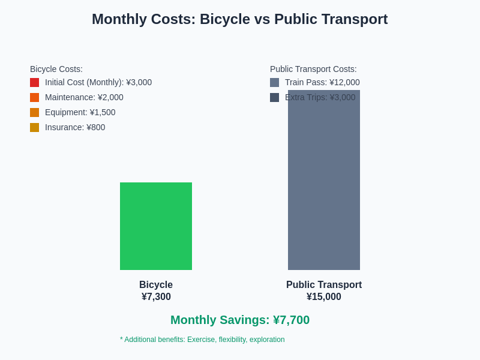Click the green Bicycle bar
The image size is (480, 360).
156,226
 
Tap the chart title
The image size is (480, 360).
239,19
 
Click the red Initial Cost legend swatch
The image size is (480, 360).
34,82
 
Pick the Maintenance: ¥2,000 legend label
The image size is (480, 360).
84,97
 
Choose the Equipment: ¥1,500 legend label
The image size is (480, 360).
80,112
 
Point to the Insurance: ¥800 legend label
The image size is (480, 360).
75,127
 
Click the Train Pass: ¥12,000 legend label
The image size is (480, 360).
322,82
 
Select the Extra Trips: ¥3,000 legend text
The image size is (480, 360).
320,97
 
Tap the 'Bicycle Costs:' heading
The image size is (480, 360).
56,69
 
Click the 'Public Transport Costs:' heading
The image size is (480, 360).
313,69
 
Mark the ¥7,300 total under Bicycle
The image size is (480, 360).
156,296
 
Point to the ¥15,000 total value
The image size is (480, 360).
324,296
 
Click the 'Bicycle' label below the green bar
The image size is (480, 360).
156,285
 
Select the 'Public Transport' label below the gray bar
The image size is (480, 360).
324,285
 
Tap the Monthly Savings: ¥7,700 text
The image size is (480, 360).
240,320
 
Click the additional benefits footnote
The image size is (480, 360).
202,340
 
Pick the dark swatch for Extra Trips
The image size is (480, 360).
274,97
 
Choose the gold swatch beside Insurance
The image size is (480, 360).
34,127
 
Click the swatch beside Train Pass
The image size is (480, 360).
274,82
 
